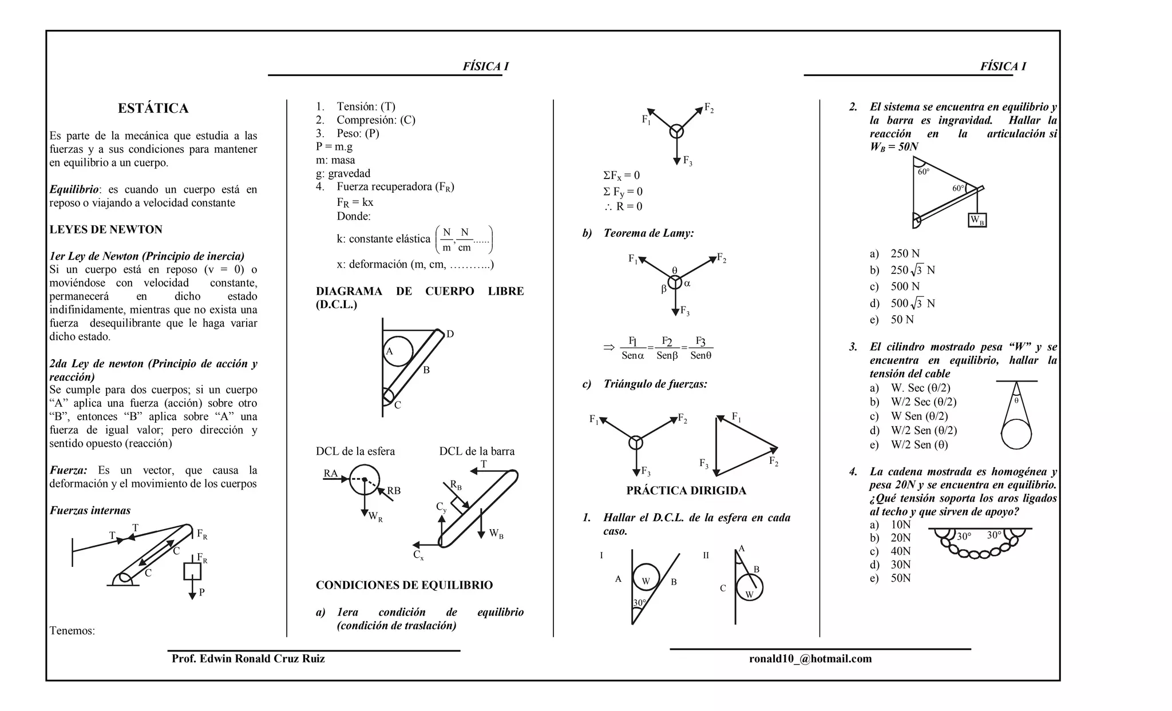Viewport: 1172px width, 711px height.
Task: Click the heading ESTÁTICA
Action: click(x=153, y=108)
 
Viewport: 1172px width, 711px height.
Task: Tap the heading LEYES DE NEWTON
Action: click(x=106, y=229)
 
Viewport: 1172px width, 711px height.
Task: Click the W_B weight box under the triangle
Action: click(x=977, y=220)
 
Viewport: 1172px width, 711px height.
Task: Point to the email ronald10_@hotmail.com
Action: click(x=810, y=658)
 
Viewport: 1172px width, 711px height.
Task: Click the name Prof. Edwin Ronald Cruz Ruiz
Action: click(x=248, y=658)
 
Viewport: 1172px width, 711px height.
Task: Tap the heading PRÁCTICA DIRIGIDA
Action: click(x=686, y=490)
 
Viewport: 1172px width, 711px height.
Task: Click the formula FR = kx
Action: click(x=355, y=202)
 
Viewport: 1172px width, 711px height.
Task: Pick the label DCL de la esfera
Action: click(x=355, y=451)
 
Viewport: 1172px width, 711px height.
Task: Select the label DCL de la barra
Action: click(x=477, y=451)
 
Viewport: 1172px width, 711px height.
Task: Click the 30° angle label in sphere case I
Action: click(x=639, y=603)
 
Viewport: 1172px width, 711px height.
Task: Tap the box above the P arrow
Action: click(x=192, y=571)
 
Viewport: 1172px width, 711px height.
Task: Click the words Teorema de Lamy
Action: click(x=648, y=233)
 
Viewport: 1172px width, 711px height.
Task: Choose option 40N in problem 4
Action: click(x=900, y=551)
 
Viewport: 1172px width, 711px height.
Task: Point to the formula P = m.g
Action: click(x=334, y=146)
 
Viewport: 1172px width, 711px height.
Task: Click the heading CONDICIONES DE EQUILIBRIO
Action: click(x=404, y=585)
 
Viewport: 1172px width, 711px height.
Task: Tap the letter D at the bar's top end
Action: click(x=450, y=334)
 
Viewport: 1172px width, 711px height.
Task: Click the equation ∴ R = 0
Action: click(x=623, y=206)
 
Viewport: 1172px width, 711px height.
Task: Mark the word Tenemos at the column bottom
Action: click(x=72, y=630)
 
